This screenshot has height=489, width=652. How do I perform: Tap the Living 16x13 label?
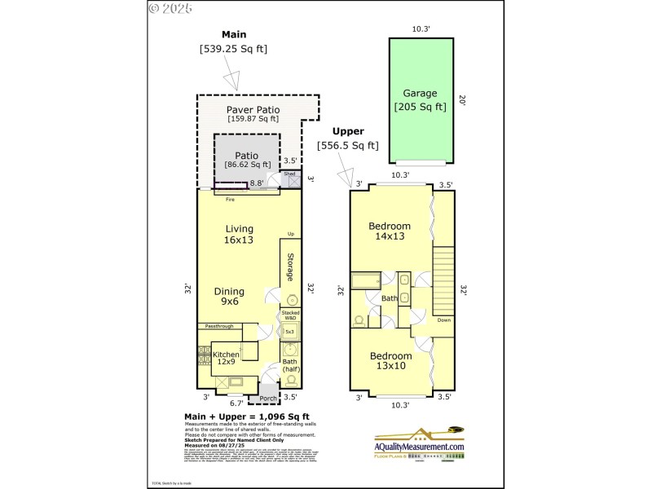click(x=240, y=234)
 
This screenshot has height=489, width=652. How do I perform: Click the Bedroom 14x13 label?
click(x=390, y=231)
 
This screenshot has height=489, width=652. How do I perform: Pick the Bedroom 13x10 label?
click(x=390, y=361)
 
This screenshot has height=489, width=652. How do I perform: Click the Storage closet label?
click(x=289, y=267)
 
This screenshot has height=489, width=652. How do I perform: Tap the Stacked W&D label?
click(x=289, y=315)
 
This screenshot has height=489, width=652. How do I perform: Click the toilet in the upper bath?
click(x=359, y=318)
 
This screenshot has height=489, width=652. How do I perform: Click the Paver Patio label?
click(x=253, y=109)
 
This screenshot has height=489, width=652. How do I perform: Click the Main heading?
click(x=234, y=34)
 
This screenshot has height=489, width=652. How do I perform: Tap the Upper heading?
click(x=348, y=131)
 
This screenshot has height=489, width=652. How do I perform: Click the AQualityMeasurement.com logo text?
click(x=419, y=447)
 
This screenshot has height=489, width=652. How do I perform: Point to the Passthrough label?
click(x=219, y=326)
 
